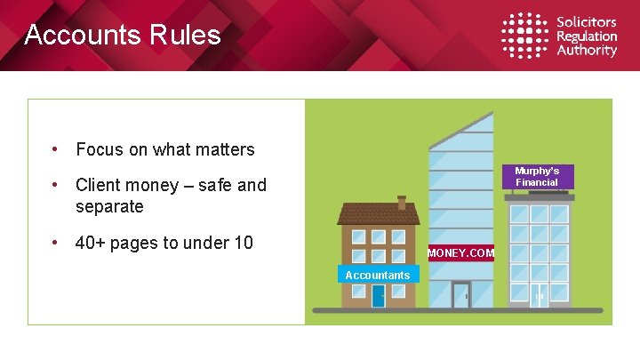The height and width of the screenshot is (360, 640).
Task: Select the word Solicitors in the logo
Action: [x=587, y=22]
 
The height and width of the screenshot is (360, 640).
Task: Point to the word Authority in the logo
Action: [x=587, y=51]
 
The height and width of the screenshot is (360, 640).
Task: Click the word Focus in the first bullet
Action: [x=100, y=149]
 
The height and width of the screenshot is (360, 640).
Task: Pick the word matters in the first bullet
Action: [x=225, y=149]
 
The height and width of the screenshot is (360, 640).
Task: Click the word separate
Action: [x=109, y=206]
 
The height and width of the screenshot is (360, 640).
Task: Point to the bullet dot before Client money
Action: [x=55, y=185]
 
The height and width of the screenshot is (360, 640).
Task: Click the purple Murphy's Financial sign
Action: [x=537, y=176]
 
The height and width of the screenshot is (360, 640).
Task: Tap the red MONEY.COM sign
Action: [x=460, y=253]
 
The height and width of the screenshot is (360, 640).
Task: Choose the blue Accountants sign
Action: [x=378, y=276]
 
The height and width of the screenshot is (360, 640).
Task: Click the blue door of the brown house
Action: [x=379, y=296]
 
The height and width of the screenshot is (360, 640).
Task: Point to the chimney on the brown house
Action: [x=402, y=202]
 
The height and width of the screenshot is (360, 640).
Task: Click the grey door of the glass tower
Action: [x=461, y=295]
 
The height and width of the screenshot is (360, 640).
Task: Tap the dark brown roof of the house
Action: [x=378, y=213]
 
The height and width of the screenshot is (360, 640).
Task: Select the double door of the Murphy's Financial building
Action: [x=540, y=296]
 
